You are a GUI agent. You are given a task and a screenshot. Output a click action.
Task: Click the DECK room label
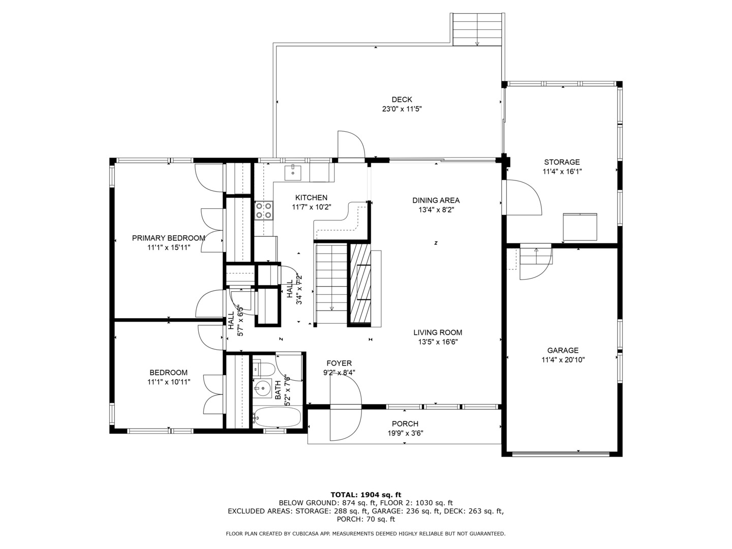click(x=402, y=99)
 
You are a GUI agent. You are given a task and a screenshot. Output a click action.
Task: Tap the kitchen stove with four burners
click(x=264, y=210)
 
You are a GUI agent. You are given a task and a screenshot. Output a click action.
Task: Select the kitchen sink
click(x=292, y=173)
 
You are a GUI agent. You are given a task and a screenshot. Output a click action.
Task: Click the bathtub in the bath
click(x=277, y=417)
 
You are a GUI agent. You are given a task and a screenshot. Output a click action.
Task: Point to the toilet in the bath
click(x=263, y=369)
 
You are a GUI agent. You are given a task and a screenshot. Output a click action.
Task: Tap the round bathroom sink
click(x=262, y=388)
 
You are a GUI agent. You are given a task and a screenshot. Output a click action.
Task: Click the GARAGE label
click(x=563, y=350)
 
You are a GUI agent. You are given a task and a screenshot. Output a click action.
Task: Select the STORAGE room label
click(x=562, y=162)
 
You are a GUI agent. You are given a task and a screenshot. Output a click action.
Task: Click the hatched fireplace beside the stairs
click(x=359, y=284)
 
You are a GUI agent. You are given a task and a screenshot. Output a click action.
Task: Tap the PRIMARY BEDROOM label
click(x=168, y=238)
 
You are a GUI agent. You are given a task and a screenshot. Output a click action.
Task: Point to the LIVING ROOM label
click(x=438, y=332)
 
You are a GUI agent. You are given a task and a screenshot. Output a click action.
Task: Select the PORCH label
click(x=405, y=423)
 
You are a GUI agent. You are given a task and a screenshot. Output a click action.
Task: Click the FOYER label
click(x=339, y=363)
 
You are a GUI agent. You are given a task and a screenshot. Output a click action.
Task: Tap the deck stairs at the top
click(x=477, y=29)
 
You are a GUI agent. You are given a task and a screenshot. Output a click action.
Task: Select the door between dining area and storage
click(x=521, y=197)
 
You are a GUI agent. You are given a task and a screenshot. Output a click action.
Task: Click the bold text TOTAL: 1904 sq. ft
click(x=366, y=495)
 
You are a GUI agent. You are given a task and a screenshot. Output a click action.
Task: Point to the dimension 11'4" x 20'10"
click(x=563, y=360)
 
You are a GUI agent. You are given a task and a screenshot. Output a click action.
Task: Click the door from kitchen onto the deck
click(x=351, y=146)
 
